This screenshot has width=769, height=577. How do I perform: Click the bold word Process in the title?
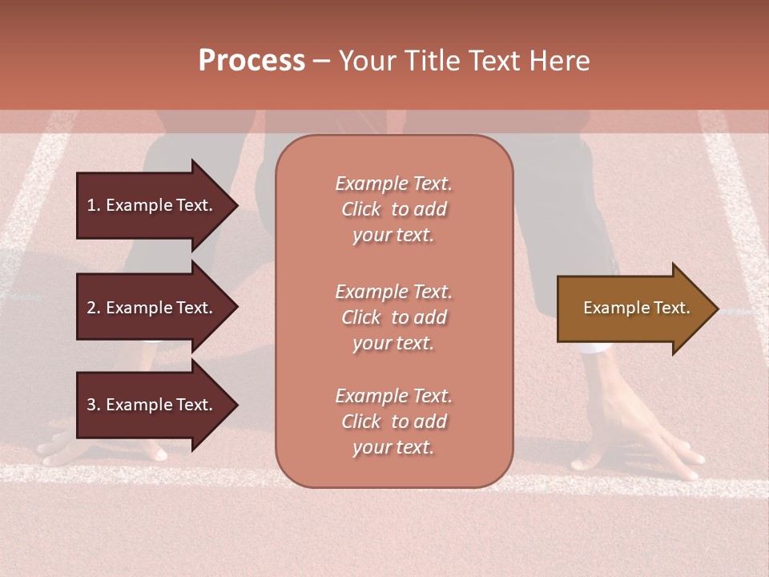(x=252, y=61)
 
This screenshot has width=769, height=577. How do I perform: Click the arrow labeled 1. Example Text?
(x=152, y=205)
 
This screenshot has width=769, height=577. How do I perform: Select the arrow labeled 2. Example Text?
(x=152, y=308)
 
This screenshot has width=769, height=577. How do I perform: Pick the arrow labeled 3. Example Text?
(x=152, y=405)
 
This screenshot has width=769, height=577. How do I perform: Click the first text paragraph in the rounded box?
(x=393, y=209)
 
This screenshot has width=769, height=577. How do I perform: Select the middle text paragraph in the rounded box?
(x=393, y=317)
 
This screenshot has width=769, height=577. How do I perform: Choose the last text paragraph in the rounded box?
(x=393, y=422)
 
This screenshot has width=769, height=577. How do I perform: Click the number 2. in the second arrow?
(x=93, y=308)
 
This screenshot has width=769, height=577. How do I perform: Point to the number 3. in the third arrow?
(x=93, y=405)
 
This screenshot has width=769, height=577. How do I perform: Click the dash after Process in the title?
(x=321, y=61)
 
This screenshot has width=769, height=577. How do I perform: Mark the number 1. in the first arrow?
(x=93, y=205)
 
